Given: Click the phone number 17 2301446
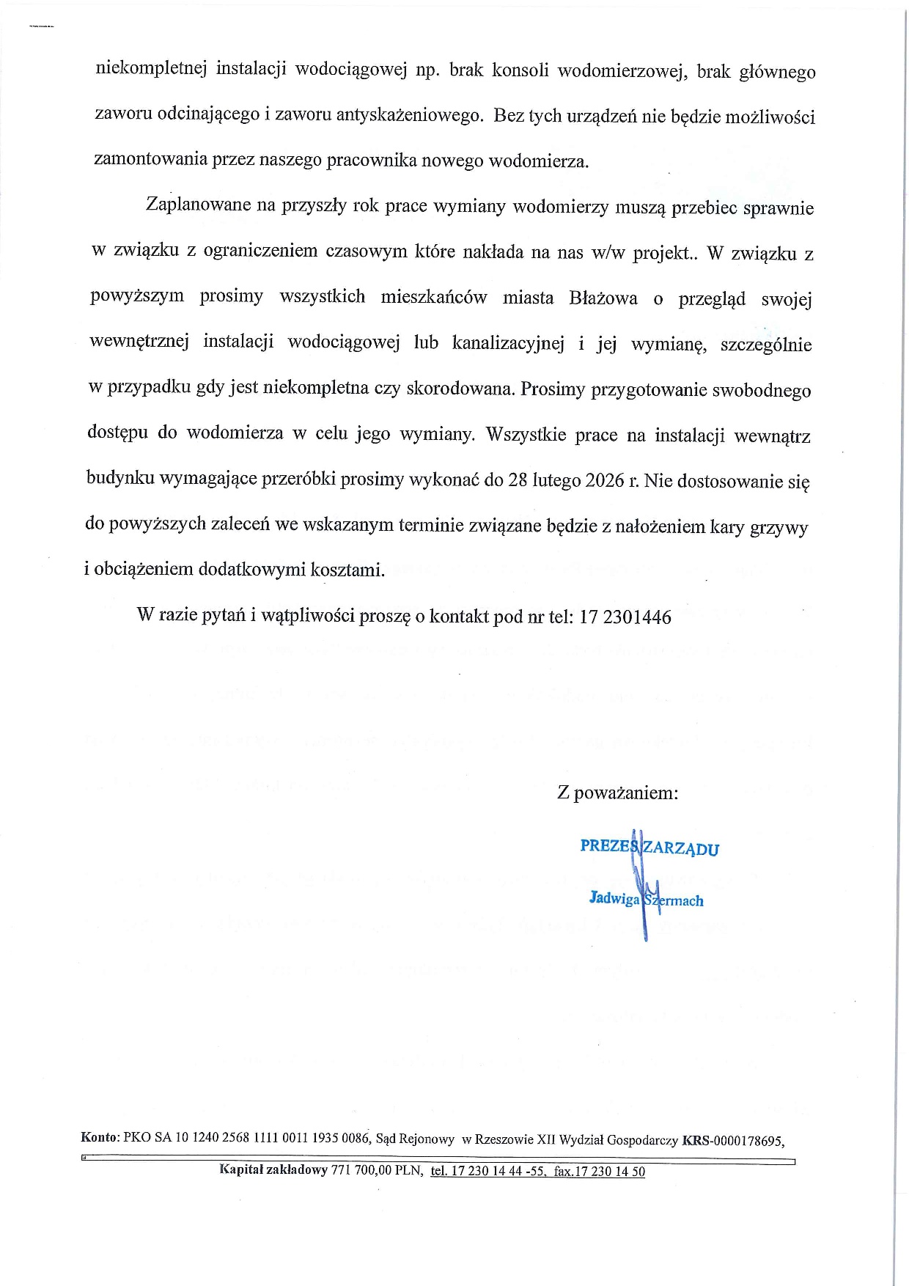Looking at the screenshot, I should [x=625, y=617].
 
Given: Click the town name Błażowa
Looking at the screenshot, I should [x=603, y=298].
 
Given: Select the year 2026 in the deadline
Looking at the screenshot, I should [x=604, y=481].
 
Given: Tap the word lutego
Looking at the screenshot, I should [x=556, y=481].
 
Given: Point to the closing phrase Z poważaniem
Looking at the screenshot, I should [x=617, y=793].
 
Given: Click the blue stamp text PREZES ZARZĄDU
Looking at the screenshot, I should [x=649, y=848].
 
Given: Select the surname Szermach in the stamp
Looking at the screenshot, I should [x=673, y=900].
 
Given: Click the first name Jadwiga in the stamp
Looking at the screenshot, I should [x=614, y=898].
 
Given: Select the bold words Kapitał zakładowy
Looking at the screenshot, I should [x=273, y=1170].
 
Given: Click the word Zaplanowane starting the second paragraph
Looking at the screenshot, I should [x=199, y=205].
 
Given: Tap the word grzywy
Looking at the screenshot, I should [x=779, y=528].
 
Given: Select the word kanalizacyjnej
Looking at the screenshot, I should [x=508, y=343].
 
